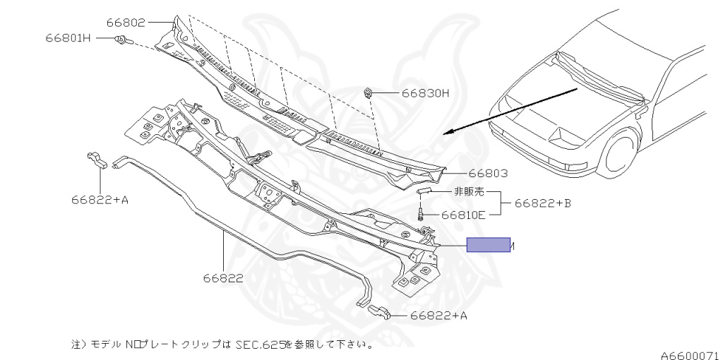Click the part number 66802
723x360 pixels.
click(x=126, y=23)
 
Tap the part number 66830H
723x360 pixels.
click(x=425, y=92)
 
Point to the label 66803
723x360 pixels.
click(x=488, y=173)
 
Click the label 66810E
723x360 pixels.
click(x=463, y=215)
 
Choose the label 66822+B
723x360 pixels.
click(x=542, y=203)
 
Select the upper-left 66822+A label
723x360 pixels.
click(x=100, y=200)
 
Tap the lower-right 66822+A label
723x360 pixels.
click(x=438, y=316)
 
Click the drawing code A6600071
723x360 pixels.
click(x=690, y=355)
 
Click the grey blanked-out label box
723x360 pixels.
click(x=488, y=245)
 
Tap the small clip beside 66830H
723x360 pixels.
click(x=368, y=92)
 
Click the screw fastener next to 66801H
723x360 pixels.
click(x=121, y=40)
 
